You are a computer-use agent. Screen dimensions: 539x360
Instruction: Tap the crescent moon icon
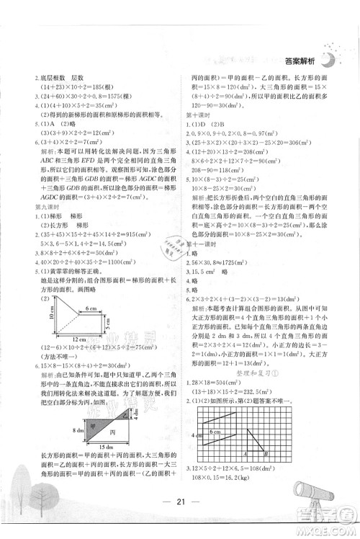point(328,60)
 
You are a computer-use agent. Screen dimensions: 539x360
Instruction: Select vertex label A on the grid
point(246,454)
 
